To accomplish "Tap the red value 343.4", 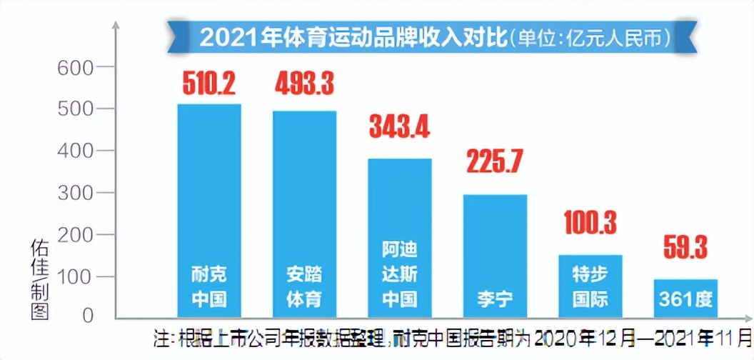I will point(399,126).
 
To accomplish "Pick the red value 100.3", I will point(590,223).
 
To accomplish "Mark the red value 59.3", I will point(685,249).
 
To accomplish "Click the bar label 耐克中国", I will point(209,286).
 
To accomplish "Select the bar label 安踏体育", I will point(304,286).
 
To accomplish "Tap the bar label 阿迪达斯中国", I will point(400,274).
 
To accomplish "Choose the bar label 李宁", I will point(495,298).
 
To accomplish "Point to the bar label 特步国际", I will point(590,286).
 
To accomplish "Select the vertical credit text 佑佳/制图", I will point(39,279).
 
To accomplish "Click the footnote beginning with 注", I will point(454,336).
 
